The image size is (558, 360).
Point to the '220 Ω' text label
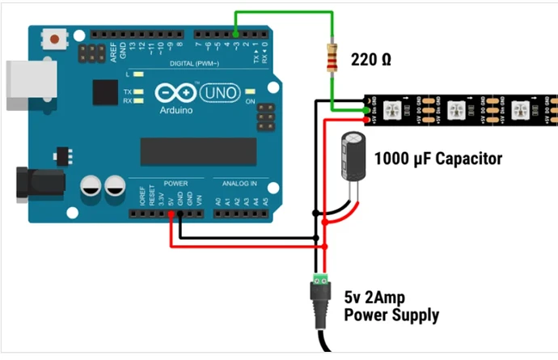click(371, 59)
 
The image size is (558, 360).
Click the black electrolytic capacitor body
click(354, 158)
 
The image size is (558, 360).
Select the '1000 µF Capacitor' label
click(438, 159)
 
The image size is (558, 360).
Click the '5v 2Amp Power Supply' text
click(391, 305)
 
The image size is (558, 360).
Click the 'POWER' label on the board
click(175, 184)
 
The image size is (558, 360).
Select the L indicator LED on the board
click(139, 74)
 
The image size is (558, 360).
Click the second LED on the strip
click(457, 109)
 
